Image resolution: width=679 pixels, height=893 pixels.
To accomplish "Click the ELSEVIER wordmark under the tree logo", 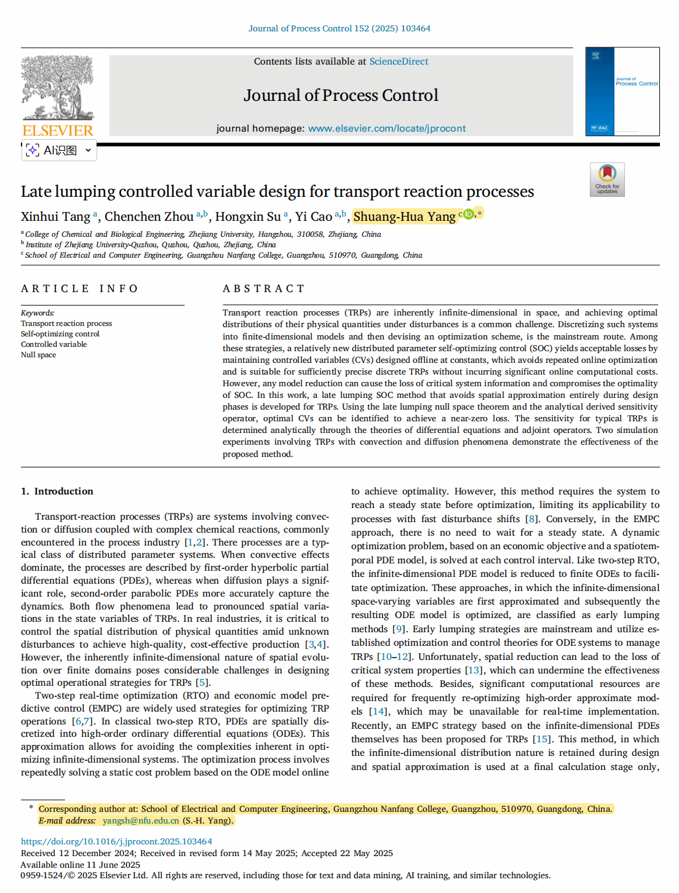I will [x=58, y=130].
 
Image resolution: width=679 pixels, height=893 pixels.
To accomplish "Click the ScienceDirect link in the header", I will [x=399, y=62].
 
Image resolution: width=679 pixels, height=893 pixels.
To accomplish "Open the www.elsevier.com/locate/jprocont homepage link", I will [x=386, y=129].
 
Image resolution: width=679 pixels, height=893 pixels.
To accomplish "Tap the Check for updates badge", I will [x=607, y=179].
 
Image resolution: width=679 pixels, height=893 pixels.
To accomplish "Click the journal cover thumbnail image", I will [x=622, y=91].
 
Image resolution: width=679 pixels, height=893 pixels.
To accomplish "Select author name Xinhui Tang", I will [x=55, y=216].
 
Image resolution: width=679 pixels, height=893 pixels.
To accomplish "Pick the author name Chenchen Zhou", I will [x=149, y=216].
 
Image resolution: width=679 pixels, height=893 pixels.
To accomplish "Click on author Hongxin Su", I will [x=248, y=216].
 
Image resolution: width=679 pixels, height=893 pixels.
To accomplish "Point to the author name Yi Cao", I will [x=314, y=216].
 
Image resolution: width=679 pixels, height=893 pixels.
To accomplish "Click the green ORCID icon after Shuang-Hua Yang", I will [x=469, y=214].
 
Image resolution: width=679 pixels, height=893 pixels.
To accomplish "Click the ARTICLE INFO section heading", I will [x=80, y=288].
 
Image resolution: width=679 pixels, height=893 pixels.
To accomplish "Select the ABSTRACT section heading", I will [x=264, y=288].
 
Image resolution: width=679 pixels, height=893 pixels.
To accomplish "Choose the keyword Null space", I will [x=38, y=355].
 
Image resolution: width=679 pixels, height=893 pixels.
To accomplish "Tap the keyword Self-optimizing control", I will [x=60, y=334].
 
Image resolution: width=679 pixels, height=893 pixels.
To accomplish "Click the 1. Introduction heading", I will [x=57, y=491].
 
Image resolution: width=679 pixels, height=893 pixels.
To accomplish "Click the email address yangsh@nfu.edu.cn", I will [x=140, y=820].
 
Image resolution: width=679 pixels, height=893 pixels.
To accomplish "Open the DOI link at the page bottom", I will [x=116, y=841].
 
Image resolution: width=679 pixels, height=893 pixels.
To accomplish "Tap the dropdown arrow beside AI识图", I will [x=88, y=150].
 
